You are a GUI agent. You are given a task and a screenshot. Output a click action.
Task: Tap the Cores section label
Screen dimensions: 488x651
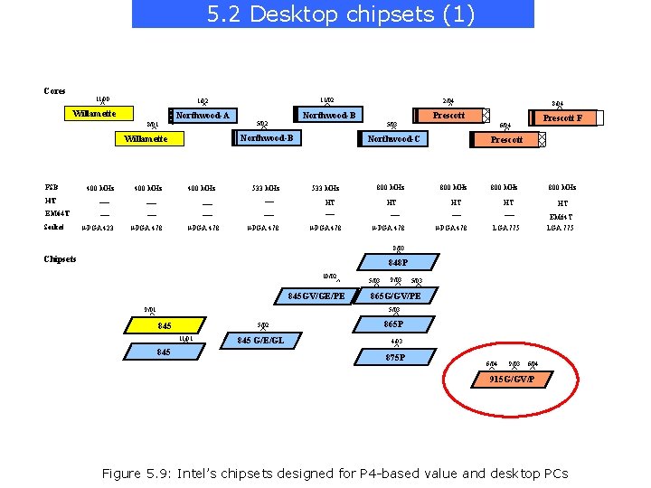(54, 90)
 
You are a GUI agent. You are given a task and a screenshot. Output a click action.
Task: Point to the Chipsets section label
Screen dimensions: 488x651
(60, 259)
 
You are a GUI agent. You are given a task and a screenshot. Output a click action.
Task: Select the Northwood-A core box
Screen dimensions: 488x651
(202, 116)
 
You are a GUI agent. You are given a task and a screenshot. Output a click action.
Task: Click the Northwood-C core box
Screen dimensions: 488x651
(392, 139)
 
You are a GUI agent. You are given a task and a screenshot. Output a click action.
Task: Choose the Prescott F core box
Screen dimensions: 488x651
(561, 118)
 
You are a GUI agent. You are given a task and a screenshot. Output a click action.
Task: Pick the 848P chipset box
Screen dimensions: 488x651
(398, 263)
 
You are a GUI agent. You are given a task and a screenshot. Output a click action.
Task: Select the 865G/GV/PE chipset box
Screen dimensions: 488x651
(395, 296)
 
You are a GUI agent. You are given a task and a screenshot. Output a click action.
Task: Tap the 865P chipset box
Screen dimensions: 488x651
(392, 324)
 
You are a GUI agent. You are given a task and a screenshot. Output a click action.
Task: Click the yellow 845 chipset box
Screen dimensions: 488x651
(164, 325)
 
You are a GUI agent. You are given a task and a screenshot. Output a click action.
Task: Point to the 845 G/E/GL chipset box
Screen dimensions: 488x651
(262, 341)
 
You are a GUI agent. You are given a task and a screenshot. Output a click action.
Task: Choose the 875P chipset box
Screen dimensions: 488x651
(395, 358)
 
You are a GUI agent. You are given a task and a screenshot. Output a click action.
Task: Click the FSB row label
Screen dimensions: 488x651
(52, 187)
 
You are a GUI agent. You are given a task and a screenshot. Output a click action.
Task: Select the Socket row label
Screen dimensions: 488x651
(53, 227)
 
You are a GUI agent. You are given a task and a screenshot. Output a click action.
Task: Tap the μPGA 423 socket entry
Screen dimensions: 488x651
(97, 228)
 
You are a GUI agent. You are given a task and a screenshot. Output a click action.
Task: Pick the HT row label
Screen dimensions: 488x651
(50, 201)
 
